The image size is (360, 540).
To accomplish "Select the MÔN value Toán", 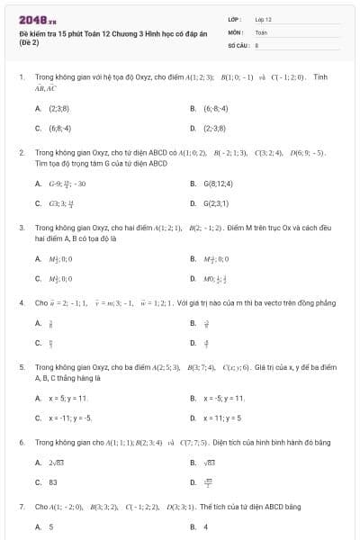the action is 261,31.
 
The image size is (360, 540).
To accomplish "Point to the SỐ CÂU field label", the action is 237,43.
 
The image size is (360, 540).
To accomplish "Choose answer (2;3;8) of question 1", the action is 59,109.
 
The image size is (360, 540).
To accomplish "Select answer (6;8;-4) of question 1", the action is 59,128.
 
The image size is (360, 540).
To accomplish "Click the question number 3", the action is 22,228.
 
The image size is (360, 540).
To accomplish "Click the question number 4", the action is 22,303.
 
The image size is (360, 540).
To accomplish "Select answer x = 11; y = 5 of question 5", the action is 221,418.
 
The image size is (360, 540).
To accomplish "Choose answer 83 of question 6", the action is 52,481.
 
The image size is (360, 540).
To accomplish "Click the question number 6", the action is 22,443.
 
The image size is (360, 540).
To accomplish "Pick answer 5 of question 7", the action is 50,526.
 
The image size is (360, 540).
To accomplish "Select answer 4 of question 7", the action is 206,526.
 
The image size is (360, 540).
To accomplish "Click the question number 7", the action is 22,507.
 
